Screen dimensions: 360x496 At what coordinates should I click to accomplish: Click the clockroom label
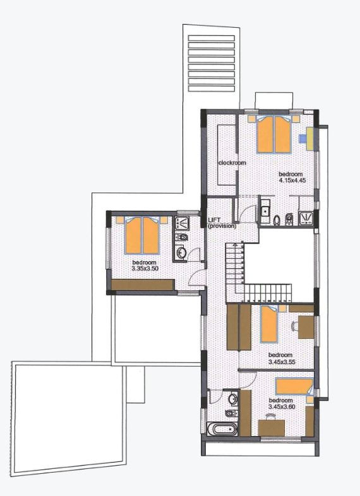(232, 163)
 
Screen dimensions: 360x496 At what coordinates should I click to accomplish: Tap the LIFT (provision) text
(222, 223)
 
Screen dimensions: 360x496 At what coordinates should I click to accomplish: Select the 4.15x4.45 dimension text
(292, 180)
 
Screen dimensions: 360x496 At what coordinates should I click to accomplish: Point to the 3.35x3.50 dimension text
(145, 269)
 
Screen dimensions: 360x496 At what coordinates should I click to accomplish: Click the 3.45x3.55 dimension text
(282, 362)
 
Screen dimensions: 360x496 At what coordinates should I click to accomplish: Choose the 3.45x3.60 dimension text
(282, 407)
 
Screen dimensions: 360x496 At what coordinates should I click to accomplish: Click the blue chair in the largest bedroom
(303, 138)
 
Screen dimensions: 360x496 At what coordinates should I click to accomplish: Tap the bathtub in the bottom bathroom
(221, 429)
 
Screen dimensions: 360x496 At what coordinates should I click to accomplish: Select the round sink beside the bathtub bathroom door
(233, 398)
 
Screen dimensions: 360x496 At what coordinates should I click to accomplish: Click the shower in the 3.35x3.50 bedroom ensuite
(181, 222)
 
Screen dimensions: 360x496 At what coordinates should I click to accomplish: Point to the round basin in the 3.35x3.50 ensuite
(181, 253)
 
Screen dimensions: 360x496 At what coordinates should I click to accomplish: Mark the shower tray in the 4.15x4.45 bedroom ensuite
(306, 218)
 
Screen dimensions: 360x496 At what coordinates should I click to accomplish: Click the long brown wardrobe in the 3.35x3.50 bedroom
(143, 285)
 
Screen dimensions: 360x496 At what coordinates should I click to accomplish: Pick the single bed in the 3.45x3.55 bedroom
(269, 324)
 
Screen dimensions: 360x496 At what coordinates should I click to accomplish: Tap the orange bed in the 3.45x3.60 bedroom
(294, 387)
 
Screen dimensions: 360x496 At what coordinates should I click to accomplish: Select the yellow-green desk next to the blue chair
(311, 139)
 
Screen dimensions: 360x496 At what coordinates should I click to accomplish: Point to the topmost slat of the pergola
(212, 38)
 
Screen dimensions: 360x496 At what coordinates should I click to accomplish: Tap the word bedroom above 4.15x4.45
(291, 174)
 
